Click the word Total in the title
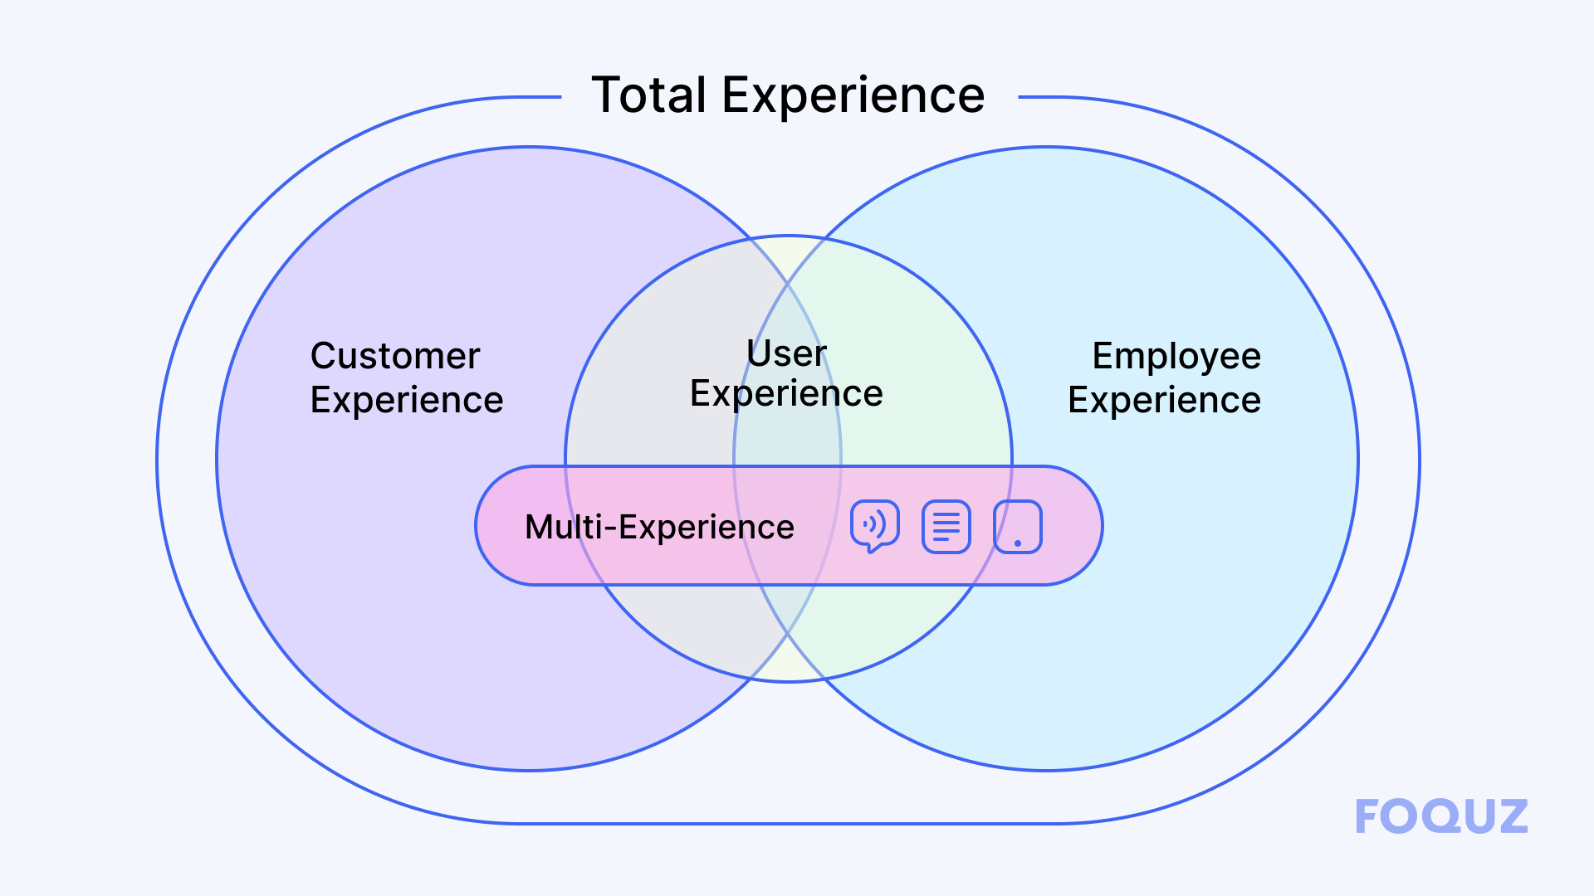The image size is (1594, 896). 648,95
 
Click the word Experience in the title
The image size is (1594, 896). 853,95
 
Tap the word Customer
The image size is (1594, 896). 395,356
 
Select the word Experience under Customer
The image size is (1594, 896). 407,401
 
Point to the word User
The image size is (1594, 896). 786,354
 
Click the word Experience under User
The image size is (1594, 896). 786,393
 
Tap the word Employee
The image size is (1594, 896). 1176,357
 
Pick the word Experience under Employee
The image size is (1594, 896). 1164,401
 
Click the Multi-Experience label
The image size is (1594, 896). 659,528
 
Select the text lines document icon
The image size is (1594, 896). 946,526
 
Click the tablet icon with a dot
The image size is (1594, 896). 1018,526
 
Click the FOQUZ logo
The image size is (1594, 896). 1441,816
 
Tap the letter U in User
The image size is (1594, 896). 757,353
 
